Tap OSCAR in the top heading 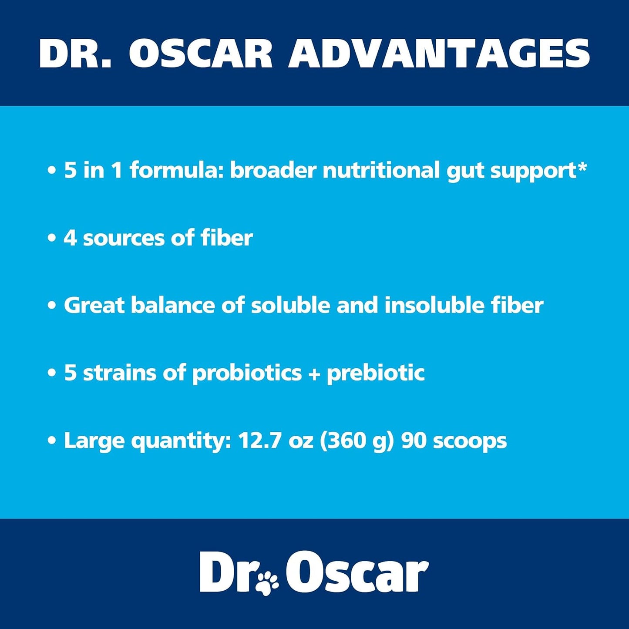point(200,54)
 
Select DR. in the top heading point(75,54)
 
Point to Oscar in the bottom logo point(357,573)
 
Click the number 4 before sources point(70,238)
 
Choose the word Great point(94,305)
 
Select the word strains point(119,373)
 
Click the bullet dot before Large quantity point(52,441)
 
